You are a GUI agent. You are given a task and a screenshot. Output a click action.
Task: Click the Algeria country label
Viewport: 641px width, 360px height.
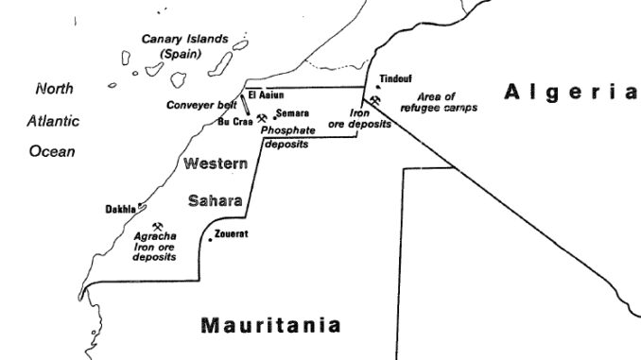pyautogui.click(x=571, y=92)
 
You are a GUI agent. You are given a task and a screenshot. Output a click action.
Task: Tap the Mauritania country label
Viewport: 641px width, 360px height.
pyautogui.click(x=270, y=326)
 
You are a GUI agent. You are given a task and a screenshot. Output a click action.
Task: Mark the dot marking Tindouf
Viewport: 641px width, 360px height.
pyautogui.click(x=377, y=87)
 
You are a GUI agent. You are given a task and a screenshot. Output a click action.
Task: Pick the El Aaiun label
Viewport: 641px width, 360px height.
pyautogui.click(x=268, y=94)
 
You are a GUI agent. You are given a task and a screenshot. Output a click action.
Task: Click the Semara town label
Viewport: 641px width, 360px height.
pyautogui.click(x=293, y=113)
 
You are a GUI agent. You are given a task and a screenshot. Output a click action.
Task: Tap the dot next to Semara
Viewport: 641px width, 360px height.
pyautogui.click(x=275, y=116)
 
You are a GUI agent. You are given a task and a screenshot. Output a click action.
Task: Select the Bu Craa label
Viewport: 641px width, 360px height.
pyautogui.click(x=234, y=121)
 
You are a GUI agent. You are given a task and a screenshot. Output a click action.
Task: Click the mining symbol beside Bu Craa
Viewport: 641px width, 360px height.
pyautogui.click(x=261, y=119)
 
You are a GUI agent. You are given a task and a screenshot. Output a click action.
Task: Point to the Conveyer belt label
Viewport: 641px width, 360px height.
pyautogui.click(x=200, y=104)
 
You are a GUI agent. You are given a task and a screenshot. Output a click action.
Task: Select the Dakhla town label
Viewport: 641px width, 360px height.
pyautogui.click(x=120, y=209)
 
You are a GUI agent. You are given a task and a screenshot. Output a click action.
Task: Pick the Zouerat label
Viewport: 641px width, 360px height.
pyautogui.click(x=232, y=233)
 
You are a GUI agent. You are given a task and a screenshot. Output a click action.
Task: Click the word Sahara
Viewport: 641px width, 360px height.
pyautogui.click(x=217, y=201)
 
